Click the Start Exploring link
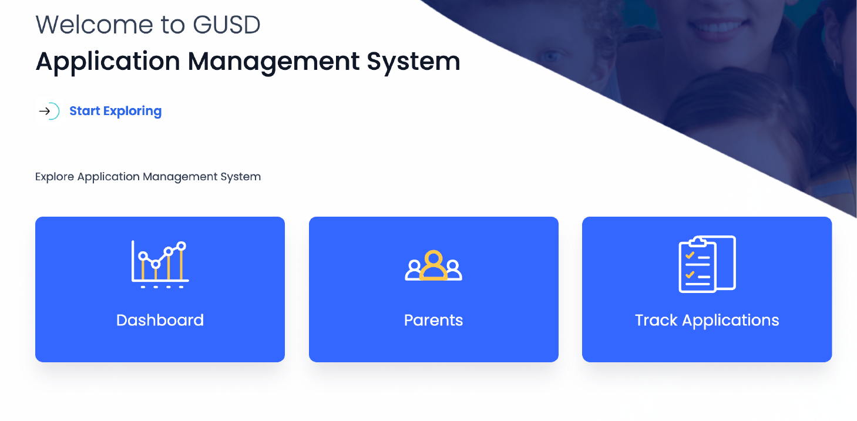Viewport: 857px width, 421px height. pyautogui.click(x=115, y=111)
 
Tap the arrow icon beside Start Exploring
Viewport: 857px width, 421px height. pyautogui.click(x=45, y=111)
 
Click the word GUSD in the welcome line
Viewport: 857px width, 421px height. pyautogui.click(x=227, y=25)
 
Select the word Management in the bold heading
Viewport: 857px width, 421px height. pyautogui.click(x=274, y=61)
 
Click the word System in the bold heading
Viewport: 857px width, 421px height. pyautogui.click(x=414, y=62)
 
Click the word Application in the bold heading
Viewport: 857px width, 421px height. pyautogui.click(x=108, y=62)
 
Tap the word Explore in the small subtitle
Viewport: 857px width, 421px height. pyautogui.click(x=54, y=177)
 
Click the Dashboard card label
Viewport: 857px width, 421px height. pyautogui.click(x=160, y=320)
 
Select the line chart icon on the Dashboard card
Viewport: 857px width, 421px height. pyautogui.click(x=160, y=264)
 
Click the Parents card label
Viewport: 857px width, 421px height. pyautogui.click(x=433, y=320)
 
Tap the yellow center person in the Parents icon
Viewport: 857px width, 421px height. pyautogui.click(x=433, y=265)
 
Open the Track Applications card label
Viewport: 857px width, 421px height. pyautogui.click(x=707, y=320)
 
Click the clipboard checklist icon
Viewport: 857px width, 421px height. pyautogui.click(x=707, y=264)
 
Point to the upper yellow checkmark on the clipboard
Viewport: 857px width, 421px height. pyautogui.click(x=690, y=255)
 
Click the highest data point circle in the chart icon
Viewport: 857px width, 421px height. pyautogui.click(x=182, y=246)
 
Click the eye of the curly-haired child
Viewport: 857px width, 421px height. pyautogui.click(x=550, y=56)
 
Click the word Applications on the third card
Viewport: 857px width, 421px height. pyautogui.click(x=731, y=321)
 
